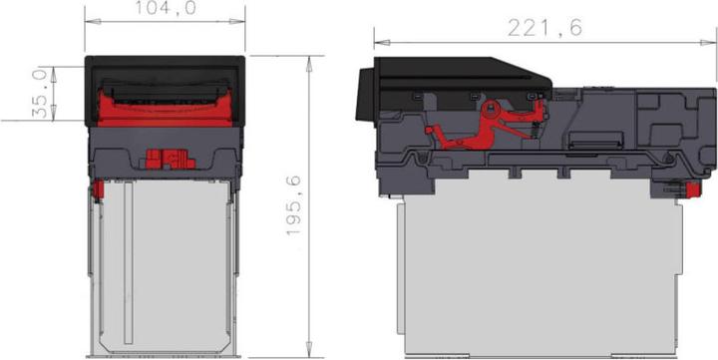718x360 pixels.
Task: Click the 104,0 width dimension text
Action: (x=165, y=8)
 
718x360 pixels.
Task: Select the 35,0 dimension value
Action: (x=41, y=93)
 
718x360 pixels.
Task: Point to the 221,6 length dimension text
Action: (x=546, y=28)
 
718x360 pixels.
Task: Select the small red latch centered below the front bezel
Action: (x=166, y=158)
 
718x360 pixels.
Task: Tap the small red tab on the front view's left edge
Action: (x=99, y=187)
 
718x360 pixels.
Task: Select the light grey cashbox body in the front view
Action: (x=166, y=264)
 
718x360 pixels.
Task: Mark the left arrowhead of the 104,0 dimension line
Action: (x=88, y=20)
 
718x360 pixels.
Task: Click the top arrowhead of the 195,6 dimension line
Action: (x=309, y=59)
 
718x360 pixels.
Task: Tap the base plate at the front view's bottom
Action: (x=166, y=353)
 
